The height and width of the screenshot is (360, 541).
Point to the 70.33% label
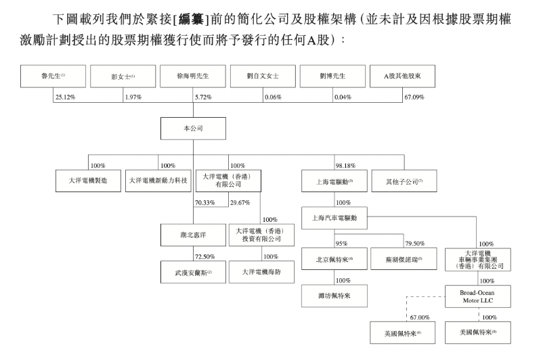(x=204, y=202)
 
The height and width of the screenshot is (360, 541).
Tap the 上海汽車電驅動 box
(x=334, y=217)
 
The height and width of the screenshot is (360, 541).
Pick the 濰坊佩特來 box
(x=334, y=295)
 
